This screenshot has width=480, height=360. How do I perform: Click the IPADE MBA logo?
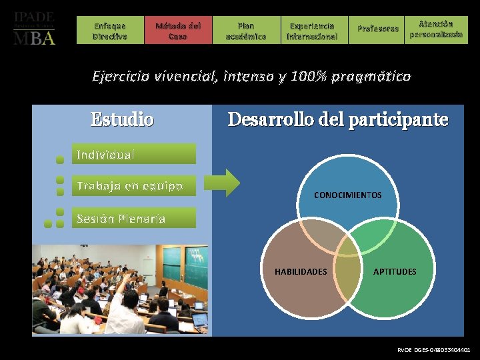35,28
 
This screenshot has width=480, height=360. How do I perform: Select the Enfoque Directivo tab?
110,31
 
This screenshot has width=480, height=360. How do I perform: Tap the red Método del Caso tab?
177,31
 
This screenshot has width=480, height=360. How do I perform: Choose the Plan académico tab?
245,31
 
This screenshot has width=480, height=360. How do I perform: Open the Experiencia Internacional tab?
312,31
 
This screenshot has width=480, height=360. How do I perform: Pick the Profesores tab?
377,29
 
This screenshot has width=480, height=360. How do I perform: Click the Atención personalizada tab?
436,29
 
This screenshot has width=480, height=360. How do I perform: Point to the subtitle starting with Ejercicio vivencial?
251,77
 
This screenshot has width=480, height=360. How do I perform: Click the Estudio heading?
122,120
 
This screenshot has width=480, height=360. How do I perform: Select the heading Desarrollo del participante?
337,120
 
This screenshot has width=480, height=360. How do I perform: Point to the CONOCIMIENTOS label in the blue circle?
347,195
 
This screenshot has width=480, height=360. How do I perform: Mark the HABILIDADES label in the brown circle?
301,271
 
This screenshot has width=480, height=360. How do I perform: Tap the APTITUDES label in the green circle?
394,271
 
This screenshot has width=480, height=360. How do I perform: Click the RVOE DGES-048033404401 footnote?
433,349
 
